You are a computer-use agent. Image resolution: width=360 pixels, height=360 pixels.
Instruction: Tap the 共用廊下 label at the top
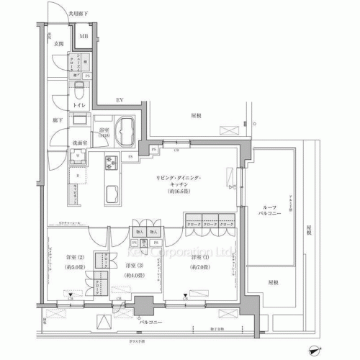pos(59,14)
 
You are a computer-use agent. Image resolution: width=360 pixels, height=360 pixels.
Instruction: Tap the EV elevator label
pos(120,101)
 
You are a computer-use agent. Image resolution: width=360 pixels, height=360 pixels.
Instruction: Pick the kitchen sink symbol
pos(114,194)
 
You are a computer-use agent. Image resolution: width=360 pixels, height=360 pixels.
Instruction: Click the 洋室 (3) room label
pos(134,267)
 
